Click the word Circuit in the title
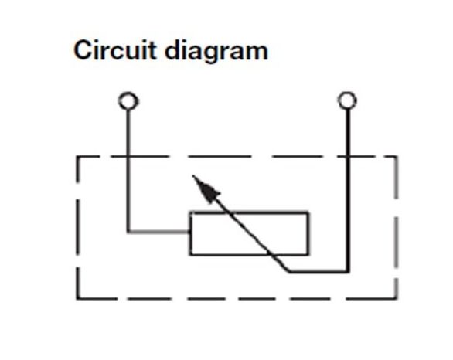pyautogui.click(x=115, y=50)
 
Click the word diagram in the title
pyautogui.click(x=216, y=52)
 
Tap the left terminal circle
pyautogui.click(x=128, y=101)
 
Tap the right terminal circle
pyautogui.click(x=347, y=100)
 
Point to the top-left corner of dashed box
pyautogui.click(x=77, y=157)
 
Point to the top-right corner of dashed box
pyautogui.click(x=397, y=157)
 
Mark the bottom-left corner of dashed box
pyautogui.click(x=77, y=298)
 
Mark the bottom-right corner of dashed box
pyautogui.click(x=397, y=298)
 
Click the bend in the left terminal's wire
pyautogui.click(x=128, y=232)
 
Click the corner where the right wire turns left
pyautogui.click(x=348, y=271)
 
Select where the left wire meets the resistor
pyautogui.click(x=189, y=232)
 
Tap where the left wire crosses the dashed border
pyautogui.click(x=128, y=157)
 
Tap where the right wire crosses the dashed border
pyautogui.click(x=348, y=157)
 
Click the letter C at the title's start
pyautogui.click(x=83, y=50)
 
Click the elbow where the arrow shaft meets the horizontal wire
pyautogui.click(x=289, y=271)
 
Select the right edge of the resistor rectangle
pyautogui.click(x=308, y=233)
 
